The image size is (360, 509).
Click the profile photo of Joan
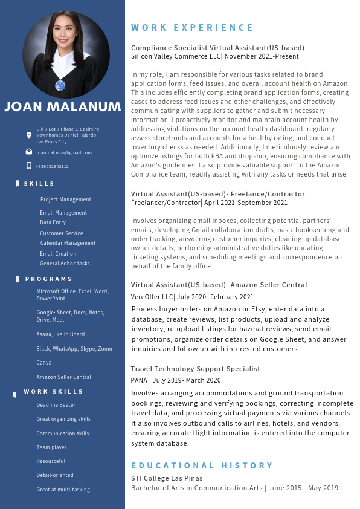[66, 56]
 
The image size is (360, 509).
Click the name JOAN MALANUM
[63, 107]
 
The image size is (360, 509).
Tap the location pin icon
[29, 135]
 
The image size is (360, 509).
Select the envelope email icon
[29, 152]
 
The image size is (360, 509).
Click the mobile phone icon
[29, 166]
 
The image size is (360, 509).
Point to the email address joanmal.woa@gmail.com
[64, 152]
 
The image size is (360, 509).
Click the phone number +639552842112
[53, 166]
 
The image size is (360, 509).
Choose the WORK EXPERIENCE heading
[193, 28]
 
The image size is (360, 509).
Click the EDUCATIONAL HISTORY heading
[202, 465]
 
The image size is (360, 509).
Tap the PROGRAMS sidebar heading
[49, 279]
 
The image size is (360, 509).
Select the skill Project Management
[65, 199]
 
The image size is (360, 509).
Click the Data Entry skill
[53, 222]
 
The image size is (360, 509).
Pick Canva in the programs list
[44, 363]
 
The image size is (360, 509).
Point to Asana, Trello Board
[60, 334]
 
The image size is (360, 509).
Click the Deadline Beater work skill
[56, 405]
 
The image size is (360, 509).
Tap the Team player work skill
[51, 447]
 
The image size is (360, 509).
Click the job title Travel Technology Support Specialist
[196, 369]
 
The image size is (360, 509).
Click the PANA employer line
[176, 380]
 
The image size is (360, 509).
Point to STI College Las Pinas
[167, 478]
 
